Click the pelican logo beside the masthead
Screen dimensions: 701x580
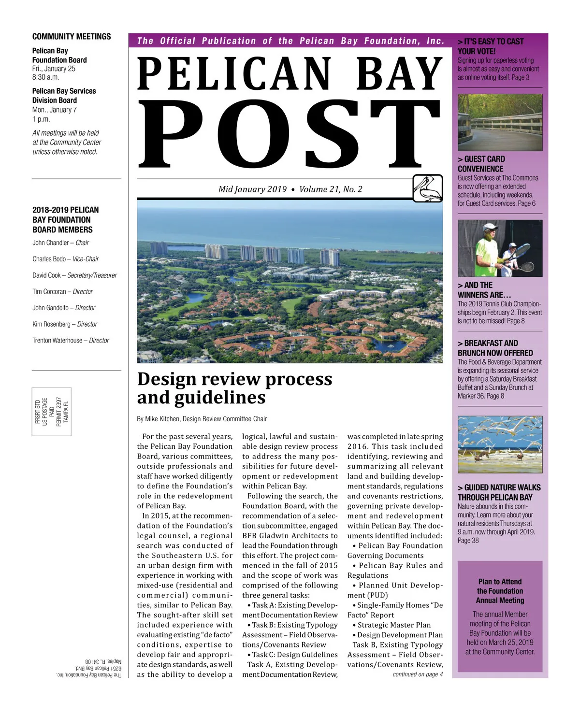point(428,188)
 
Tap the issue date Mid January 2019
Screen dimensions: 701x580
point(252,189)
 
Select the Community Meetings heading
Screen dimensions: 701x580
point(72,37)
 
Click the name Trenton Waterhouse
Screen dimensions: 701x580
point(58,340)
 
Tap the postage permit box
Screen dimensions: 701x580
point(52,411)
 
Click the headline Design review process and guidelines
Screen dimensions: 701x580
point(234,388)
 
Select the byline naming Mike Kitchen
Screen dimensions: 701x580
point(202,419)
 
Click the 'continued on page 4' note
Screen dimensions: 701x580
point(418,674)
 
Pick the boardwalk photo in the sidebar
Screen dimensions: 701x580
point(500,122)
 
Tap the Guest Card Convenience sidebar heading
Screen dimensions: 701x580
point(481,164)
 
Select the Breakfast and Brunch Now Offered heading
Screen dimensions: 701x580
point(495,348)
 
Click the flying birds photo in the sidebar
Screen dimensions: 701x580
point(500,444)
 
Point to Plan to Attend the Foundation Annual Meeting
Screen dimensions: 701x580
point(500,591)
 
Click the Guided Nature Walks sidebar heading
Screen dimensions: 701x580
point(499,492)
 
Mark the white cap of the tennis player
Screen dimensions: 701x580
point(489,227)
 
